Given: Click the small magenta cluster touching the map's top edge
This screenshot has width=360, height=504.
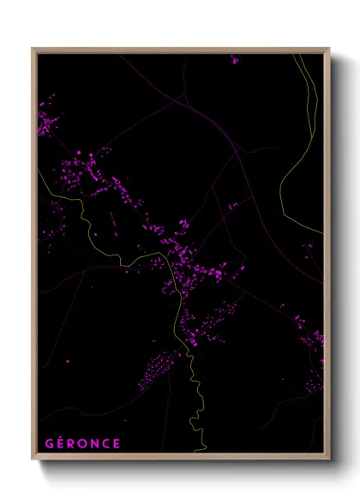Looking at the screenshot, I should coord(234,59).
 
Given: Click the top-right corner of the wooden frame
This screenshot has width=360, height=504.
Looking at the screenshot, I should coord(328,49).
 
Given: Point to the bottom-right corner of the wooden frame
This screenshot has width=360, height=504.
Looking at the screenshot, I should coord(328,459).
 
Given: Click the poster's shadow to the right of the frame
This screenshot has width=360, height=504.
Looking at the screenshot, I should coord(339,257).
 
